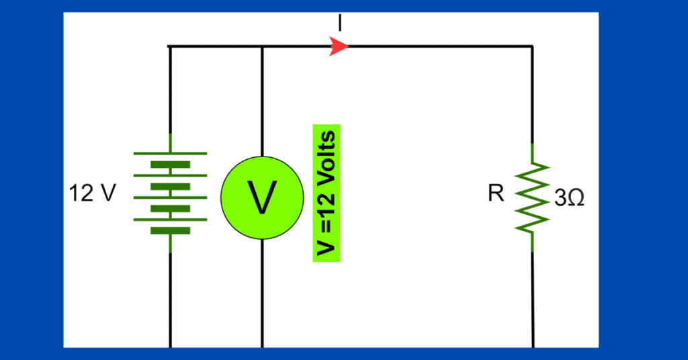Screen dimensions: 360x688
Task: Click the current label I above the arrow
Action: point(340,24)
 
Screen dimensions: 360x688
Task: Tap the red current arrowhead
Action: point(340,46)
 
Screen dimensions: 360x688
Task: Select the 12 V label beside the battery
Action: point(92,194)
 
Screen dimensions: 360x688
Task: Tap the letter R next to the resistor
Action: point(497,194)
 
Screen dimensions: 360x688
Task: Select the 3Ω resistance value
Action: point(568,199)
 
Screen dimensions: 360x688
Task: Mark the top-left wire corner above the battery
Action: point(170,46)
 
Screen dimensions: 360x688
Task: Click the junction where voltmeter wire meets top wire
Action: point(261,46)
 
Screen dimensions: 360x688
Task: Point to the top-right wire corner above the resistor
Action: point(533,46)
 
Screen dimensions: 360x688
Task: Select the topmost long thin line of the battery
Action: point(170,154)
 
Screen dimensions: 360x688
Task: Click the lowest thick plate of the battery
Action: point(170,230)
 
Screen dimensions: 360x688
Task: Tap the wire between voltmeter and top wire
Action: point(261,101)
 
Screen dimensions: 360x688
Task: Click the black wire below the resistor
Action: point(533,299)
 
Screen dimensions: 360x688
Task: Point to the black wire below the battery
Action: point(170,299)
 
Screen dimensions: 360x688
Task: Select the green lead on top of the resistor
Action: point(533,154)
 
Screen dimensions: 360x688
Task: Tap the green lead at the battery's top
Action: point(170,142)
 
